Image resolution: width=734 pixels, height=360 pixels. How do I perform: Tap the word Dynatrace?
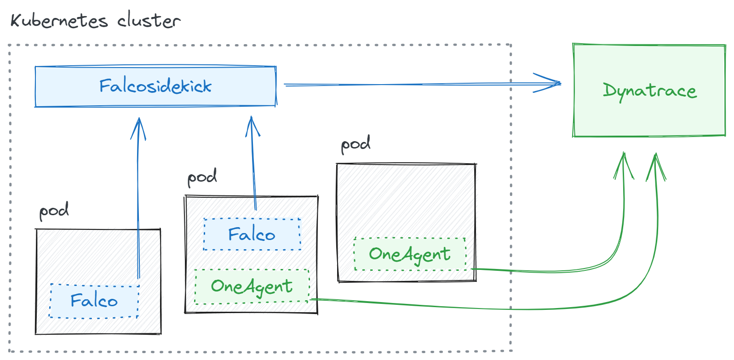[x=649, y=91]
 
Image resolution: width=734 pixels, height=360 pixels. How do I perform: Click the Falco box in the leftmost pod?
[x=94, y=301]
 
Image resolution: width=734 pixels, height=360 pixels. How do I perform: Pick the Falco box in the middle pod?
[x=252, y=234]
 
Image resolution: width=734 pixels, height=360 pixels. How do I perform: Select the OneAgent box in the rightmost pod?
[x=410, y=254]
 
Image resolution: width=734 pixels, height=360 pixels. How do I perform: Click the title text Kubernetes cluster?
[x=95, y=21]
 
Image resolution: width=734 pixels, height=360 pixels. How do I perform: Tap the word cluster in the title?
[x=148, y=21]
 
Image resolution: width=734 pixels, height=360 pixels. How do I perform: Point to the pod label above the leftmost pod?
[x=54, y=211]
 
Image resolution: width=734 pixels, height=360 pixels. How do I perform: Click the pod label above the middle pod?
[x=202, y=177]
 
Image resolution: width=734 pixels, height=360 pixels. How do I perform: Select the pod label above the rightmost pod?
[x=356, y=144]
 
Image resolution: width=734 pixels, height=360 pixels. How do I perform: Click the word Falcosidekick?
[x=155, y=86]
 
